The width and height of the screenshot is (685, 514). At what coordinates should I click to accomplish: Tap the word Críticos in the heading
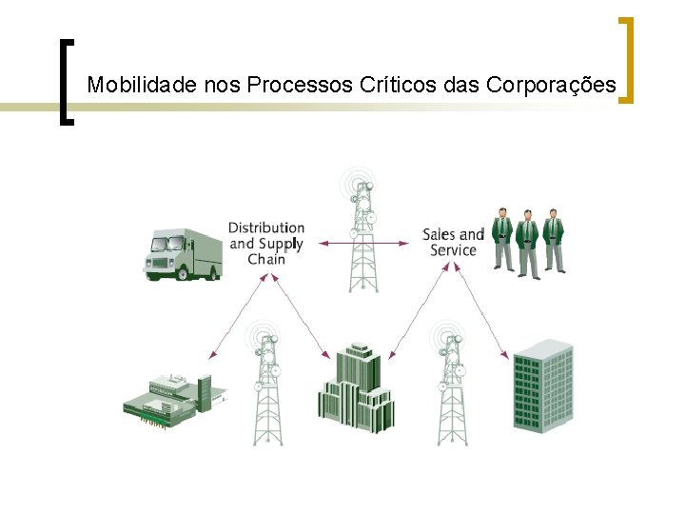[398, 85]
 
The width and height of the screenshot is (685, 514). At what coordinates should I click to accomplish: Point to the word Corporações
[551, 85]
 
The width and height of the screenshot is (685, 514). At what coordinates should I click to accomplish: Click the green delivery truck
[182, 253]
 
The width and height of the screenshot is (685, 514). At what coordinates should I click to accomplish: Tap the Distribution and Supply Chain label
[266, 243]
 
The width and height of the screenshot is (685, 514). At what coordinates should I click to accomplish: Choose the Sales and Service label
[453, 242]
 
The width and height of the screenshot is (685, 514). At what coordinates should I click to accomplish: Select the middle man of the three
[529, 243]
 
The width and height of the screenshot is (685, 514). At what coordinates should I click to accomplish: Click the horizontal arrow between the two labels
[362, 244]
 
